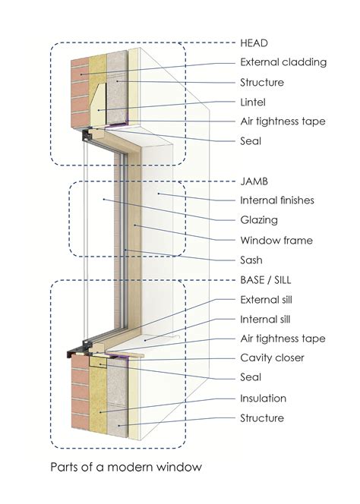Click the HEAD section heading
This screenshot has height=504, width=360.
(254, 42)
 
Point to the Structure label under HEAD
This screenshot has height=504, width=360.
(261, 82)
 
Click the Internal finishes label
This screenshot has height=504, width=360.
(276, 200)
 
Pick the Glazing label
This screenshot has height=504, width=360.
(258, 220)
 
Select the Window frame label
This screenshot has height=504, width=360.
(276, 241)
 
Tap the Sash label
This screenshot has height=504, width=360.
(251, 260)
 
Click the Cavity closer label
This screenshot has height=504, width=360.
(273, 358)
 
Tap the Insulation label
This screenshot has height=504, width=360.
(262, 398)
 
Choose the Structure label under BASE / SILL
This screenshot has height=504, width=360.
(261, 417)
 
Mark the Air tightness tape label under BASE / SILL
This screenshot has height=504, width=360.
(282, 339)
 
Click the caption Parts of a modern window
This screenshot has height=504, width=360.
(126, 467)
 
